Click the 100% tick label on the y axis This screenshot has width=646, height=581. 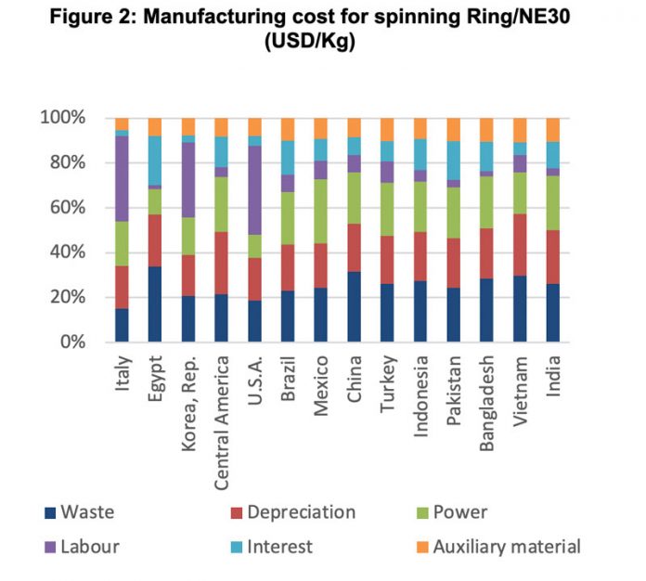coord(62,119)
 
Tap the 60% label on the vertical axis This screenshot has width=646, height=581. coord(67,208)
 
